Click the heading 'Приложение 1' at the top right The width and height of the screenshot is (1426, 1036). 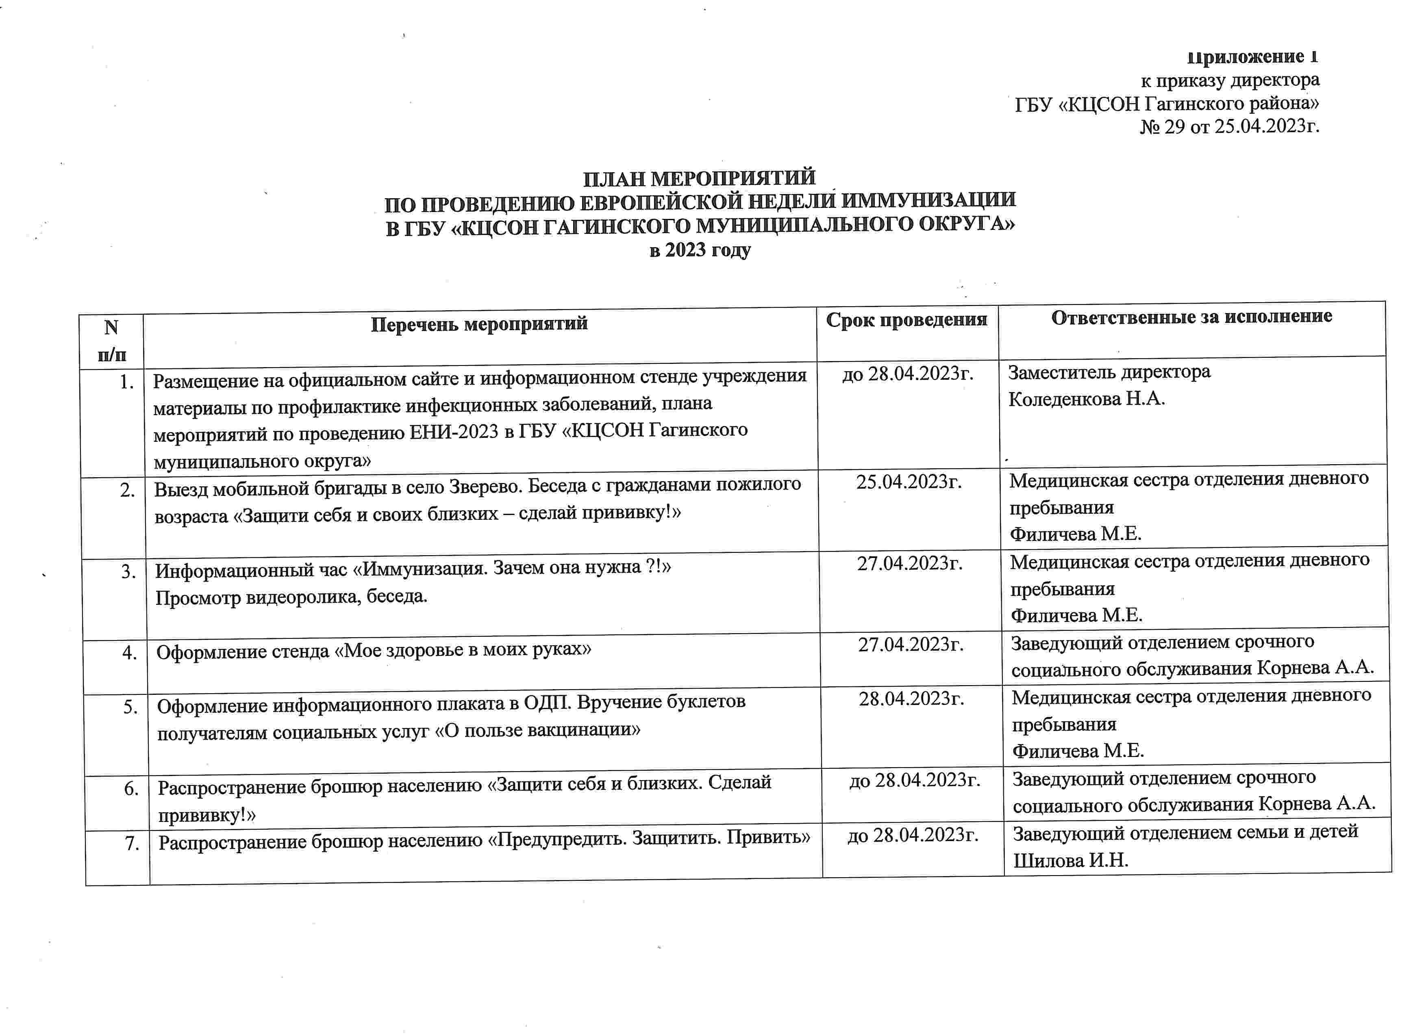point(1252,57)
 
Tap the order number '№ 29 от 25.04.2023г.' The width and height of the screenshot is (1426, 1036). point(1229,127)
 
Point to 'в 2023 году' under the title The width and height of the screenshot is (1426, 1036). point(700,250)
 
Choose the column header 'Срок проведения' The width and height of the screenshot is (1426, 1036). point(906,320)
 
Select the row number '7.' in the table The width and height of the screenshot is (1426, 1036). point(132,843)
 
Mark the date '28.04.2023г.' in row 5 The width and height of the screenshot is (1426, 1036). point(912,699)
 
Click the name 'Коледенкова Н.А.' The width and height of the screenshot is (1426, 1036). point(1087,399)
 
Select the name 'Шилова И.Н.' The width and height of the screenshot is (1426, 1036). point(1071,860)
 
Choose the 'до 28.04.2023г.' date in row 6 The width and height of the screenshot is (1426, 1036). point(915,780)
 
